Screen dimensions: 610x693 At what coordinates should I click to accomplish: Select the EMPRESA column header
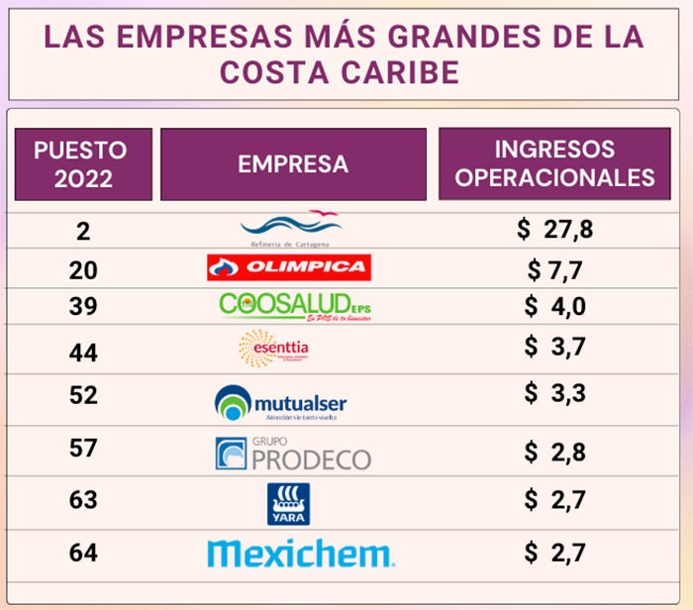(x=293, y=164)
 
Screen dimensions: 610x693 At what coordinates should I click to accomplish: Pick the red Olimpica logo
(x=289, y=267)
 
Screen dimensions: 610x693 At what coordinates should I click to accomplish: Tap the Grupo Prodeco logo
(x=293, y=454)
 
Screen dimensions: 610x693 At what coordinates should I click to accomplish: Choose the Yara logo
(x=288, y=503)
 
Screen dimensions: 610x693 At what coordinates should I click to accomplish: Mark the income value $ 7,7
(x=554, y=268)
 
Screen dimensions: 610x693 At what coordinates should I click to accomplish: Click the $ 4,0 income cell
(x=554, y=306)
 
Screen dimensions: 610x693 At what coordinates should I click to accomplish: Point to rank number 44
(x=83, y=347)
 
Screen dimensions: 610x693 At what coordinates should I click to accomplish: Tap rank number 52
(x=83, y=395)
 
